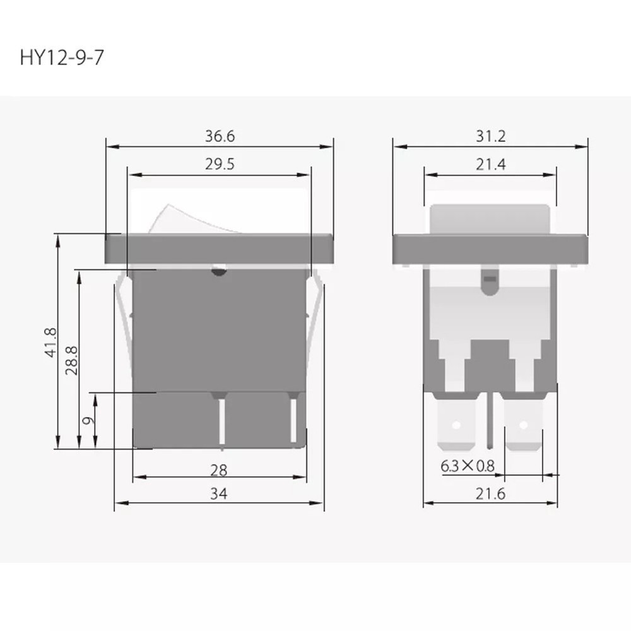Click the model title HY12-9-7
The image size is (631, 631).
(x=61, y=59)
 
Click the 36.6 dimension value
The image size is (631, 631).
(x=220, y=136)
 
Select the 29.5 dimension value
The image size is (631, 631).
(x=220, y=165)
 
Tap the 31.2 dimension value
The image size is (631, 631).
(x=491, y=136)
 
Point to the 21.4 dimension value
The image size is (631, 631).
(x=491, y=165)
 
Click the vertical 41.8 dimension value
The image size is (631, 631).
(x=51, y=341)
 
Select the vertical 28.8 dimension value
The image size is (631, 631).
(x=72, y=360)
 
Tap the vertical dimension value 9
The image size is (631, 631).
(x=89, y=420)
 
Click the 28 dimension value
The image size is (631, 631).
(x=219, y=469)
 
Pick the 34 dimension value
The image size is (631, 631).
(x=219, y=494)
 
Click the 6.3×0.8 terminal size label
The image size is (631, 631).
(x=468, y=467)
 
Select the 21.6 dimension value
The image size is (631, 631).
(x=491, y=494)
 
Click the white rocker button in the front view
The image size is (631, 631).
(x=180, y=218)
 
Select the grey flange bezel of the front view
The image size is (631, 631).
(x=219, y=248)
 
